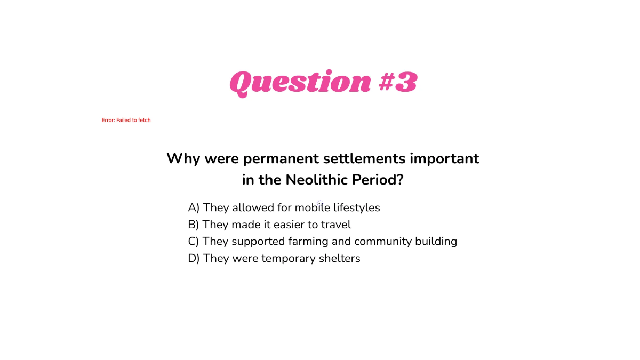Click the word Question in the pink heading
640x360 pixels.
pyautogui.click(x=300, y=83)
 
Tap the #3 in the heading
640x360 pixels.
pyautogui.click(x=397, y=83)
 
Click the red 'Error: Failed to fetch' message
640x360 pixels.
pyautogui.click(x=126, y=121)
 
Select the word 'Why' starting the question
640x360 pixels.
pyautogui.click(x=183, y=159)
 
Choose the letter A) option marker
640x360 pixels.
pyautogui.click(x=194, y=207)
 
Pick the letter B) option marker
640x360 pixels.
pyautogui.click(x=194, y=225)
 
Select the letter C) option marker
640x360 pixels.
pyautogui.click(x=194, y=242)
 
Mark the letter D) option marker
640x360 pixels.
pyautogui.click(x=194, y=259)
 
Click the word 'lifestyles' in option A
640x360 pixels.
pyautogui.click(x=357, y=207)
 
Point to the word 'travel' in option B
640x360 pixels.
pyautogui.click(x=335, y=225)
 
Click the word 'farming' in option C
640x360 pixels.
pyautogui.click(x=308, y=242)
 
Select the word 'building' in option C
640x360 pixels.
pyautogui.click(x=436, y=242)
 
